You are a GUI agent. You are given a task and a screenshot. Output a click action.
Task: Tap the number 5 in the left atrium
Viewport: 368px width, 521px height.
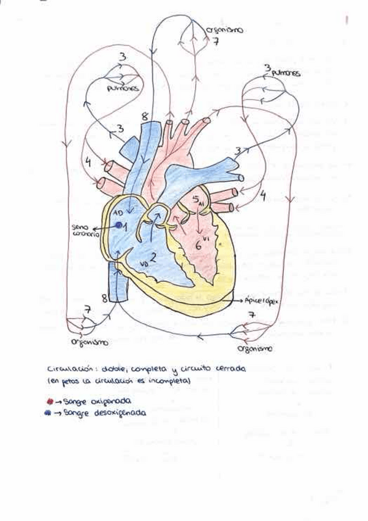(x=195, y=200)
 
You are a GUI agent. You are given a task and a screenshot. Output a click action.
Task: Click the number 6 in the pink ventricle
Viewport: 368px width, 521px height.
(x=197, y=243)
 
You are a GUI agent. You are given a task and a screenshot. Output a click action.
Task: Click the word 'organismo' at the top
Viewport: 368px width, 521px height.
(x=223, y=30)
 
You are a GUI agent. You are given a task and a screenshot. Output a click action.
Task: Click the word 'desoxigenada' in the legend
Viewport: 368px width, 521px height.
(x=121, y=413)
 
